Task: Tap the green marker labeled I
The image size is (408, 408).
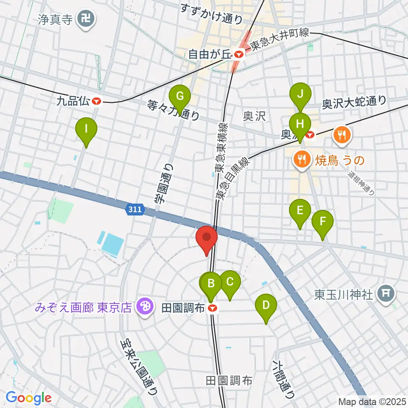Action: click(x=86, y=129)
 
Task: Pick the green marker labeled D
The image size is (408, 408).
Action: click(x=266, y=306)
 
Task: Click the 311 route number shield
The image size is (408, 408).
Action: click(x=136, y=209)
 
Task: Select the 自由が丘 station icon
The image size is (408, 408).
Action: click(x=239, y=54)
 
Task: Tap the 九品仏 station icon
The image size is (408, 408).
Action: click(x=97, y=101)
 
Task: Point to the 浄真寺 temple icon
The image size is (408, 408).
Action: click(x=87, y=19)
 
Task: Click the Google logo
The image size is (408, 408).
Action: click(x=28, y=398)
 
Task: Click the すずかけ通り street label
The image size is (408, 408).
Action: click(x=211, y=14)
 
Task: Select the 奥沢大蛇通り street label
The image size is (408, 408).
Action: click(x=354, y=102)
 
